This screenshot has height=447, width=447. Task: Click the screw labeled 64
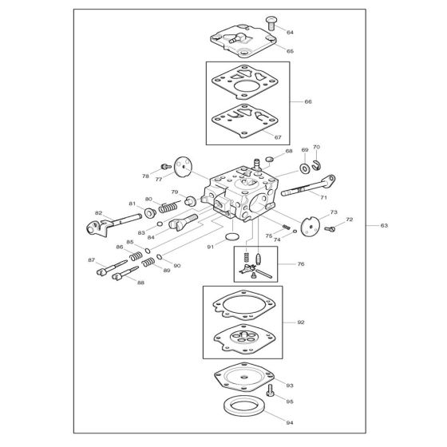click(271, 23)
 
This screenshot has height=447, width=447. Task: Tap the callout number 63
click(384, 225)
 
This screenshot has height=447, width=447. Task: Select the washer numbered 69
click(305, 168)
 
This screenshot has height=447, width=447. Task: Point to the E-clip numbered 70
click(316, 166)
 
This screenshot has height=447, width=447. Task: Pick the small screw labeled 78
click(166, 166)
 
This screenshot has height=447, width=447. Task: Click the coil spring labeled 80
click(169, 207)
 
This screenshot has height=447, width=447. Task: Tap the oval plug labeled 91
click(232, 236)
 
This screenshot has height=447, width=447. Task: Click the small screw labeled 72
click(330, 229)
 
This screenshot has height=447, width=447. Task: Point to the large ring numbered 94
click(244, 405)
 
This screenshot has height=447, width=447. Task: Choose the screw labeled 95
click(270, 390)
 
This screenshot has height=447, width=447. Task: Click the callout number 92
click(301, 322)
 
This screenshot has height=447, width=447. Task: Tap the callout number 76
click(301, 264)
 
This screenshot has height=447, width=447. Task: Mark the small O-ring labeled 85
click(148, 251)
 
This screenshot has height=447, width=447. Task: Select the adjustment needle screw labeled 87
click(112, 267)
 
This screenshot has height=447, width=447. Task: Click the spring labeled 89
click(148, 262)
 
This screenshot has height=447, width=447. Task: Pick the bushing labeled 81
click(150, 213)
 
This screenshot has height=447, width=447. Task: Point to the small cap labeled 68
click(270, 159)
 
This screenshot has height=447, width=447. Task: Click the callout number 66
click(308, 102)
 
